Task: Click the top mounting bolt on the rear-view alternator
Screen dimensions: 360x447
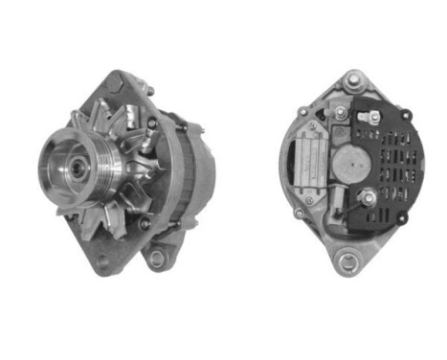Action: (x=353, y=80)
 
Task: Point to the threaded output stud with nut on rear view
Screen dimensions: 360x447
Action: (x=367, y=199)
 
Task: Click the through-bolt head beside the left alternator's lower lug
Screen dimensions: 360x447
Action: (x=145, y=224)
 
